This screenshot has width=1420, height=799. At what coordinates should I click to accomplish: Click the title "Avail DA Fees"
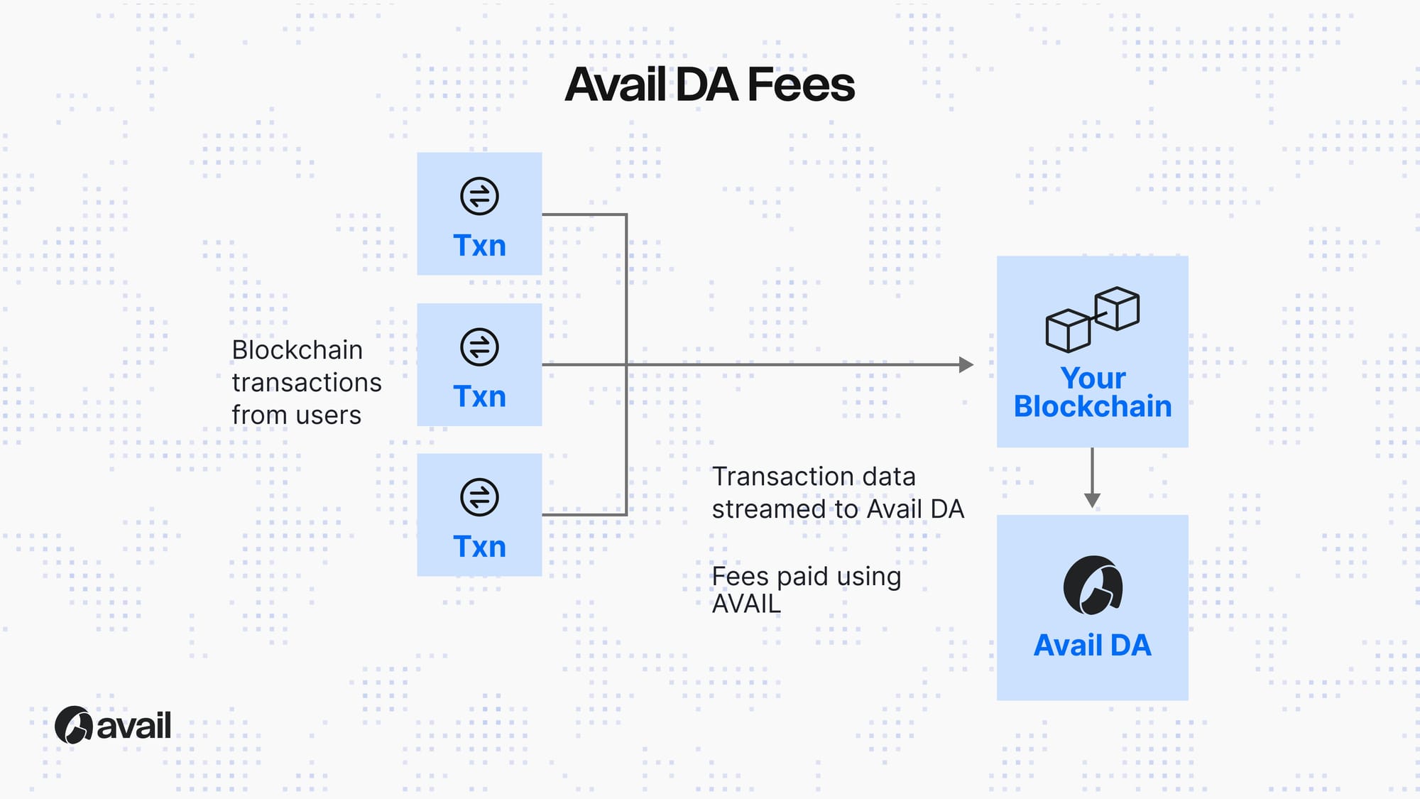709,85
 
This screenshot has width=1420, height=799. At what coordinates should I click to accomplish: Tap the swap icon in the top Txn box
479,196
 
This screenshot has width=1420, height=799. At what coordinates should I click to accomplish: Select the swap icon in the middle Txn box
479,347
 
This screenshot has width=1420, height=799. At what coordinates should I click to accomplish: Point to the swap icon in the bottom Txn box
479,497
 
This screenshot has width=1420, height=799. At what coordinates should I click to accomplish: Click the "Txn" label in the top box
479,246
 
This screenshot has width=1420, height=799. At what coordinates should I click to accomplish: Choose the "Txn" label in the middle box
479,396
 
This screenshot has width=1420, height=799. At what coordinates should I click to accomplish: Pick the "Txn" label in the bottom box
479,547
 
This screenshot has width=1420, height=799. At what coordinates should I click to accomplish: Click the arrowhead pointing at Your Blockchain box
966,365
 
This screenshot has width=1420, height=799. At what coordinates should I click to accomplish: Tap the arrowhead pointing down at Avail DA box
1092,500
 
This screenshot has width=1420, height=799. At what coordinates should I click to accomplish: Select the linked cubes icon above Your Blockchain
1092,319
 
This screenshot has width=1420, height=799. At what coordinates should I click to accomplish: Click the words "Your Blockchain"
1092,392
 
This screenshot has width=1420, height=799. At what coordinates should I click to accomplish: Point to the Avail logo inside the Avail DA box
1092,586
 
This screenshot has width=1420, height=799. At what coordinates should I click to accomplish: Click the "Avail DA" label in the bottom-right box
1092,646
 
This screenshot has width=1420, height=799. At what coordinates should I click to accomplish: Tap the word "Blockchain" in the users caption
297,350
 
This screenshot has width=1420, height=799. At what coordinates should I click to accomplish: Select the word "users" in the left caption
329,415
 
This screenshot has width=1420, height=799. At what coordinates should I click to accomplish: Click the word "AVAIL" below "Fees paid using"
745,604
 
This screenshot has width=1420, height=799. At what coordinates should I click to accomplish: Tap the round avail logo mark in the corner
73,725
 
